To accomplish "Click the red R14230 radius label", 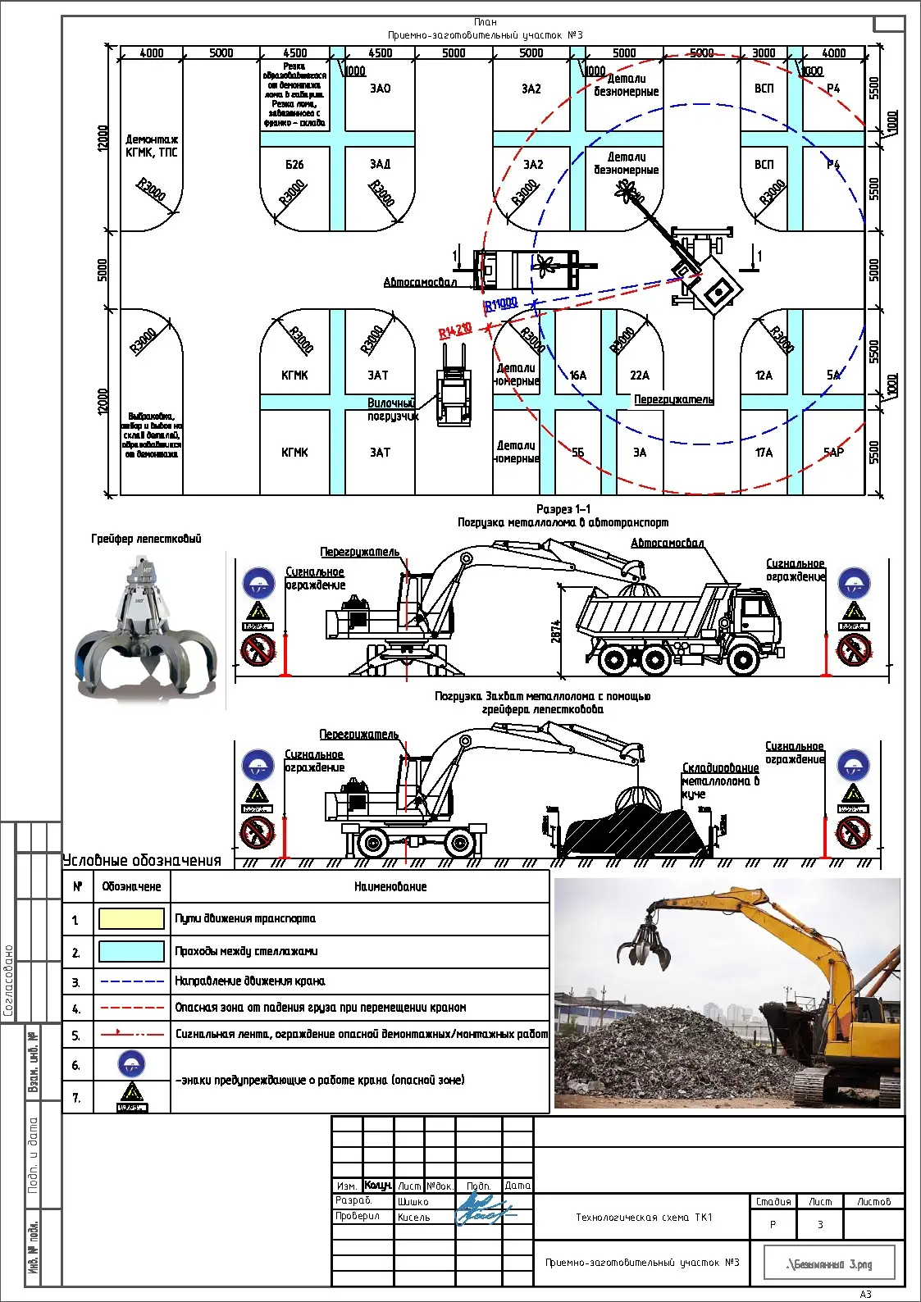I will tap(455, 331).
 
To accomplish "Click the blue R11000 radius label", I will tap(501, 304).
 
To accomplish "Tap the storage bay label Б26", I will tap(294, 165).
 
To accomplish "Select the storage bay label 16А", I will tap(578, 376).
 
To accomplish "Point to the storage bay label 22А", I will tap(640, 376).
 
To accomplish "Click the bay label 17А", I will tap(764, 453).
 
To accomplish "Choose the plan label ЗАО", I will tap(381, 89).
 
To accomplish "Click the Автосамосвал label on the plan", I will tap(420, 283).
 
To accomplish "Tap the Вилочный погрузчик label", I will tap(393, 410).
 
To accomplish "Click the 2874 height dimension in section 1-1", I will tap(556, 631).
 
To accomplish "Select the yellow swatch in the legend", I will tap(131, 918).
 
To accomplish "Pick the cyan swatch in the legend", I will tap(131, 951).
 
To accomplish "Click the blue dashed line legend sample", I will tap(131, 981).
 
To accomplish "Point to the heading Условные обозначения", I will tap(143, 861).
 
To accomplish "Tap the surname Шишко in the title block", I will tap(413, 1202).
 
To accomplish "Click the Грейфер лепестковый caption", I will tap(146, 539).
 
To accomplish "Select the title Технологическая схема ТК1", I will tap(644, 1218).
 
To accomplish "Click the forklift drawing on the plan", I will tap(453, 385).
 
